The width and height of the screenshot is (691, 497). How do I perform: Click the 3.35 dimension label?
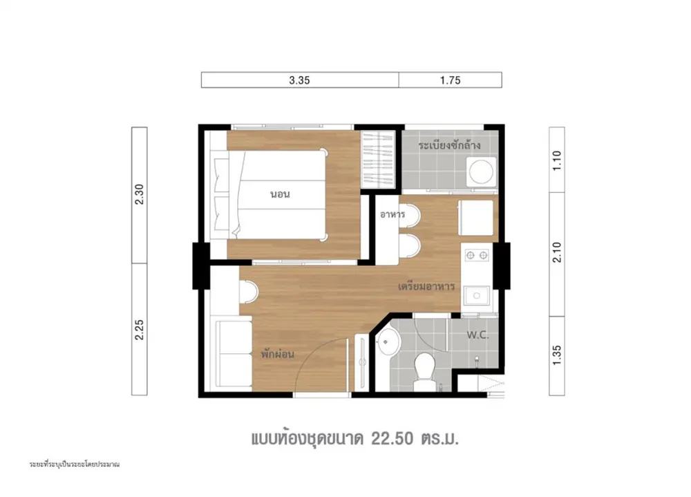pos(300,80)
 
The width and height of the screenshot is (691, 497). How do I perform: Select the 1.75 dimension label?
pos(450,80)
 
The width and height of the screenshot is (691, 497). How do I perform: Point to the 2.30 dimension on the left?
pos(140,194)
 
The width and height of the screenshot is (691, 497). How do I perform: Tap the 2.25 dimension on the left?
pos(140,330)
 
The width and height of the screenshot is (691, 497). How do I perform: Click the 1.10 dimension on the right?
pos(556,160)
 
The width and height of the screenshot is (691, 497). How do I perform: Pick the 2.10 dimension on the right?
pos(556,252)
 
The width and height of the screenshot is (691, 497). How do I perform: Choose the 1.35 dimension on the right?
pos(556,355)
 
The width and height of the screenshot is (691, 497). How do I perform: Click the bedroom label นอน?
pos(281,194)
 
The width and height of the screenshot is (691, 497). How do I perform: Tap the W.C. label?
pos(477,335)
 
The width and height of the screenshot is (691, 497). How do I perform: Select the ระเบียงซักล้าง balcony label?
pos(449,144)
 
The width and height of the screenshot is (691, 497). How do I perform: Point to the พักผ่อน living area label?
pos(277,354)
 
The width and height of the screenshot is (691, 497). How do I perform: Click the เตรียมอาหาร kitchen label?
pos(426,287)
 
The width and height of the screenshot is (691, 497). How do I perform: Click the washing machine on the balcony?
pos(481,172)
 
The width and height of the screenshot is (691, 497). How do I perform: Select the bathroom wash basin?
pos(388,342)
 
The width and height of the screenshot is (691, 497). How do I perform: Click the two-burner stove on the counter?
pos(477,255)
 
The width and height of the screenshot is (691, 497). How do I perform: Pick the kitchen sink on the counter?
pos(476,295)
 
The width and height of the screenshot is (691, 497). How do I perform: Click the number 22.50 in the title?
pos(392,439)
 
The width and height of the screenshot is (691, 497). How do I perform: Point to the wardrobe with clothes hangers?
pos(377,160)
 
